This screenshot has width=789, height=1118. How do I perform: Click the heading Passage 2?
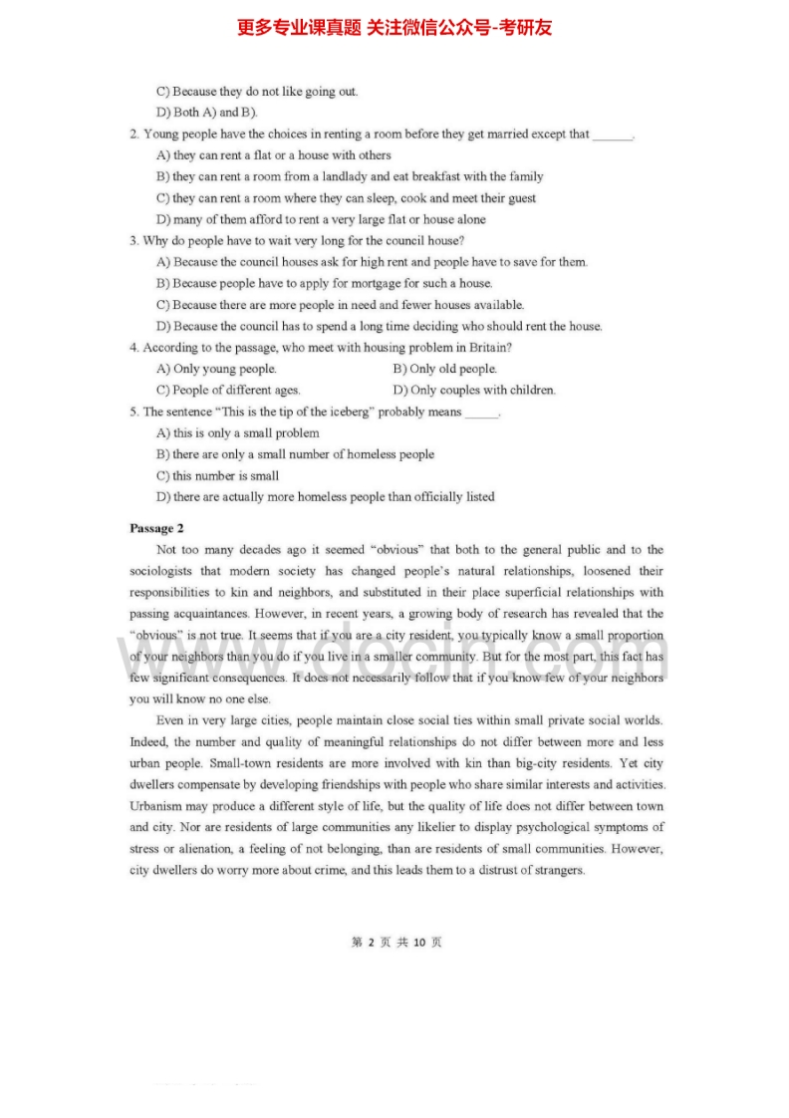tap(156, 528)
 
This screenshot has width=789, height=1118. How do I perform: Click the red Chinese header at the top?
tap(394, 28)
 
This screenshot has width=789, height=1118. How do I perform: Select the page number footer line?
tap(395, 942)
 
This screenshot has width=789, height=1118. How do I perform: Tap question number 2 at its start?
tap(133, 134)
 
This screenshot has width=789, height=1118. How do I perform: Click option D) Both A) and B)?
tap(207, 113)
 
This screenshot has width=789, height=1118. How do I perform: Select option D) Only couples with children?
tap(474, 390)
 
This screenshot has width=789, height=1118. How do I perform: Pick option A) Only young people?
tap(216, 369)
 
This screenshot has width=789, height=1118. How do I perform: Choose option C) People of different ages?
tap(228, 390)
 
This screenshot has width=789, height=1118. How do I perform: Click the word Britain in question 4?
tap(489, 348)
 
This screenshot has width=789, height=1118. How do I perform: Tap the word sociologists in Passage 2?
tap(162, 571)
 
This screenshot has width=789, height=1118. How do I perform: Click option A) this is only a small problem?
tap(238, 432)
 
